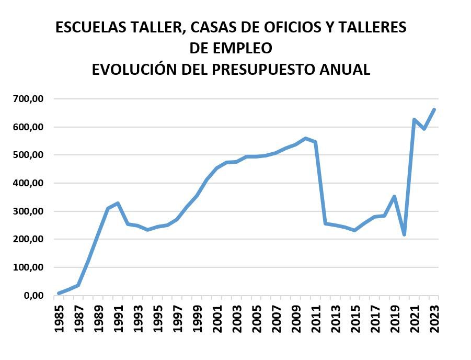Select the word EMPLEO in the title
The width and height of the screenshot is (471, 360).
(244, 48)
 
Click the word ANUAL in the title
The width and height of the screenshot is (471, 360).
(347, 69)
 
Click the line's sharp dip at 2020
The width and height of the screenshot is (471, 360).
(404, 234)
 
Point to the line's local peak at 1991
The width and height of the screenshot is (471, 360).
(118, 203)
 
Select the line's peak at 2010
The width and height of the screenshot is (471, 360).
(305, 139)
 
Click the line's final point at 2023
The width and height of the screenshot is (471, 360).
(434, 109)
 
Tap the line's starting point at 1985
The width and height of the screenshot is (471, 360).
(59, 293)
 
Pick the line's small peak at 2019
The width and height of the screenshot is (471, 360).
(394, 197)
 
